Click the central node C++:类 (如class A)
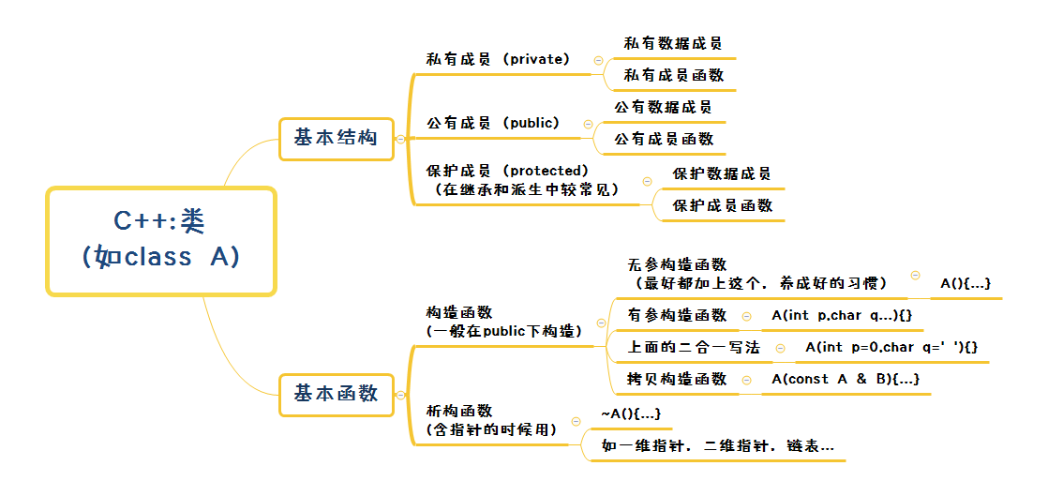point(161,241)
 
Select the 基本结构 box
point(337,139)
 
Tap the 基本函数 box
point(337,395)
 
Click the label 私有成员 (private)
point(498,59)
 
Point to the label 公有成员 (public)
point(493,124)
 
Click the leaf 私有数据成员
point(673,44)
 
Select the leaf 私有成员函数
point(673,75)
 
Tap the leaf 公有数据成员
point(663,107)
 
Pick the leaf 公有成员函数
point(664,139)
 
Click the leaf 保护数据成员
point(722,173)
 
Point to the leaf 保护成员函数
point(723,205)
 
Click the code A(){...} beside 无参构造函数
point(966,283)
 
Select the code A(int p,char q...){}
point(842,316)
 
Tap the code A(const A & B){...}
point(846,379)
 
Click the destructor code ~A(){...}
point(631,413)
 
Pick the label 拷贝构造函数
point(677,379)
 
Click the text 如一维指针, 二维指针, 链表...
point(717,446)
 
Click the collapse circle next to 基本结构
point(400,140)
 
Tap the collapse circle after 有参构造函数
point(746,316)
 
